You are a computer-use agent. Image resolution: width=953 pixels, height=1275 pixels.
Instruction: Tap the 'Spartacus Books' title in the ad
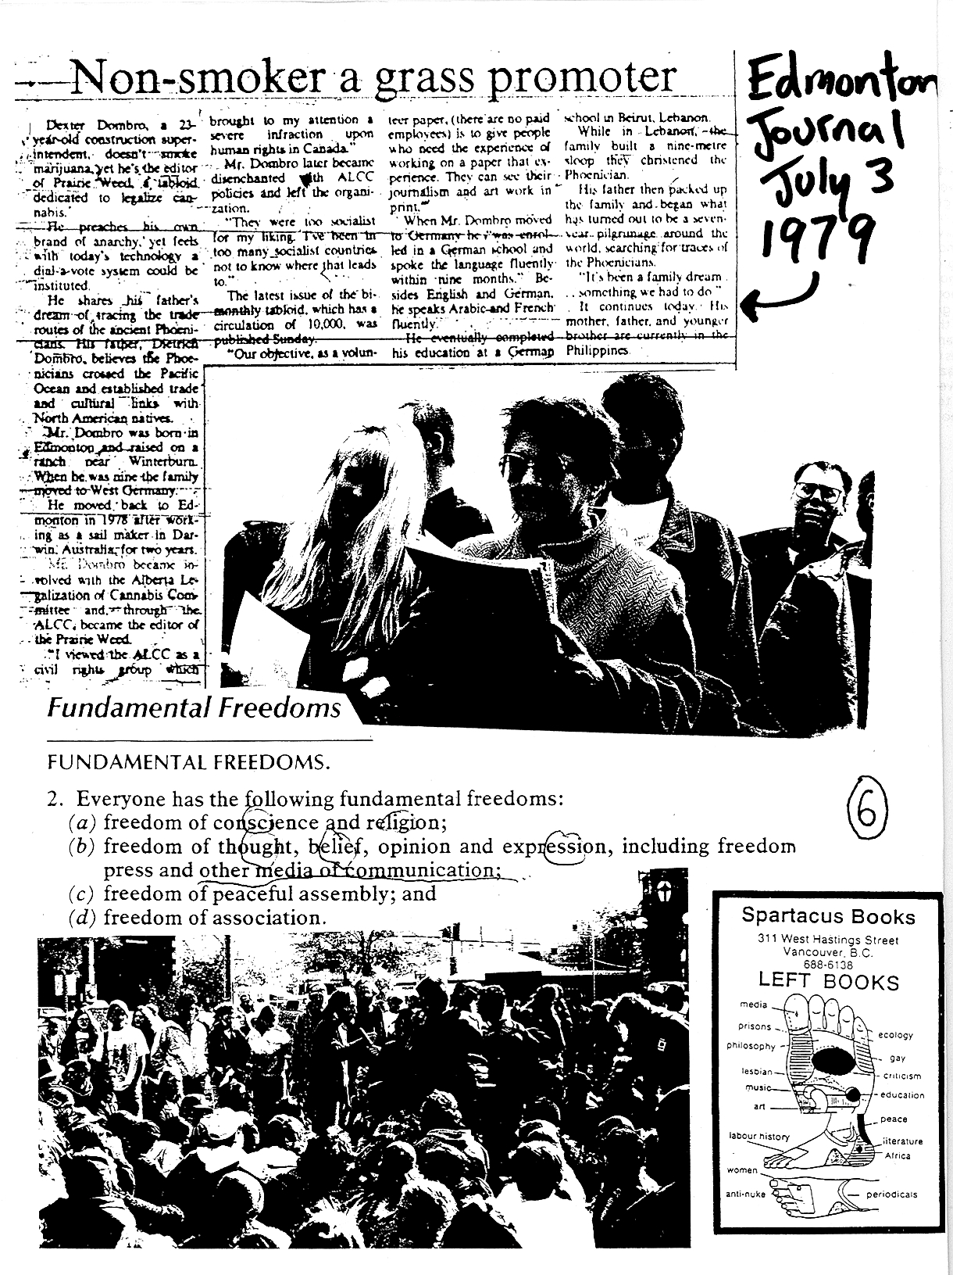[x=828, y=915]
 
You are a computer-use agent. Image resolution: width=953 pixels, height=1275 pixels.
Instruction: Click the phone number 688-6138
[x=828, y=965]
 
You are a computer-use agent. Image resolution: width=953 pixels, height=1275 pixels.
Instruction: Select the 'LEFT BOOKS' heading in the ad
[x=828, y=983]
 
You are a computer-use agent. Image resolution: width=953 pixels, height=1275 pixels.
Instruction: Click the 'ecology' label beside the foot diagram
[x=895, y=1035]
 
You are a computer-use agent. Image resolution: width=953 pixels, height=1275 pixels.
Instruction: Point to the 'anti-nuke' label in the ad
[x=745, y=1194]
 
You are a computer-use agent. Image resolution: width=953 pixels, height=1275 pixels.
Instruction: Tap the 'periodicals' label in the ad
[x=891, y=1194]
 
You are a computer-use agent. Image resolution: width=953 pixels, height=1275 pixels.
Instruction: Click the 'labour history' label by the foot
[x=758, y=1136]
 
